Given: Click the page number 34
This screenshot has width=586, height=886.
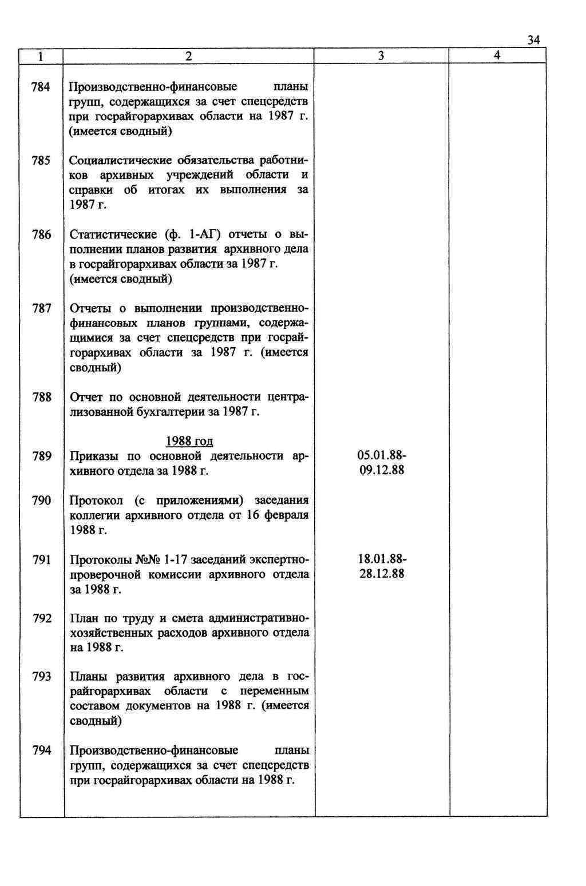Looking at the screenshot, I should tap(533, 39).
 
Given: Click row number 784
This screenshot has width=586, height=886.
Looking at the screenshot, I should tap(41, 87).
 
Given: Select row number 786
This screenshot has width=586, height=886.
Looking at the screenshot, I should tap(41, 235).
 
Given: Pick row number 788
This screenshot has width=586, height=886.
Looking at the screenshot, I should tap(41, 397).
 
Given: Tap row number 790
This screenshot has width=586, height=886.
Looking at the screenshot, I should tap(41, 500).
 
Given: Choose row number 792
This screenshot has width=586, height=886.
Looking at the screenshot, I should tap(41, 618).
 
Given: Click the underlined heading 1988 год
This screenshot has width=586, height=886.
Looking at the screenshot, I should tap(189, 441).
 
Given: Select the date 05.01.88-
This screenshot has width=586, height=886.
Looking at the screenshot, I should tap(382, 455).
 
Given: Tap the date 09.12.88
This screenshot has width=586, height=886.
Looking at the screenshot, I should tap(382, 470).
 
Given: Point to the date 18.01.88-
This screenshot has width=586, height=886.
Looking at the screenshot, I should tap(382, 559).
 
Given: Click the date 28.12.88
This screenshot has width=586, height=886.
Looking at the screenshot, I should tap(382, 574).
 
